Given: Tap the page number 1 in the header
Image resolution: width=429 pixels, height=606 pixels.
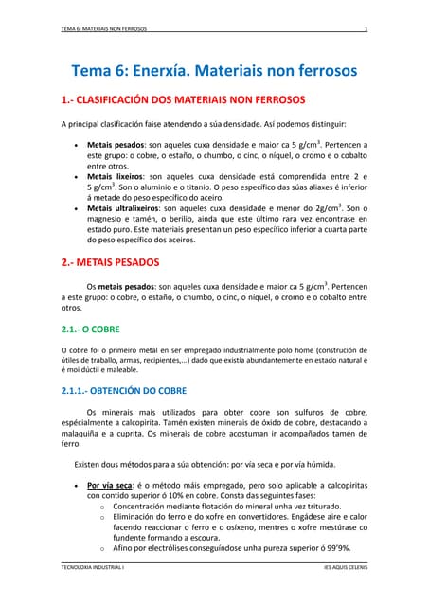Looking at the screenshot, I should pyautogui.click(x=365, y=29).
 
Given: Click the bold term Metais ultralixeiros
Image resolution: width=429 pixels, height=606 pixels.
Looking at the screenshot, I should pyautogui.click(x=125, y=207).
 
